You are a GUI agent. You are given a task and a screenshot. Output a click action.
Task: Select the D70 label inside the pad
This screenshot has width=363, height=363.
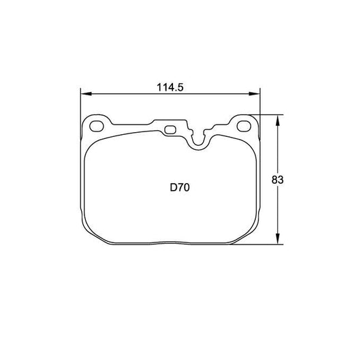180,187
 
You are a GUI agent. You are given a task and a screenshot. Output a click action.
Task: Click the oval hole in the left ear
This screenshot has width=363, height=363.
97,125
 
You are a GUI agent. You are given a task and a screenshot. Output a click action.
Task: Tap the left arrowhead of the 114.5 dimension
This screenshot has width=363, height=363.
84,95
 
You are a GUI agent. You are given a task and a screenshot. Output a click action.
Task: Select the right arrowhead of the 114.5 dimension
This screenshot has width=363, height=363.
257,95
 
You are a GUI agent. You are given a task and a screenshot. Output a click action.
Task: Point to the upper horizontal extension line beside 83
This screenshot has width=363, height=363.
269,114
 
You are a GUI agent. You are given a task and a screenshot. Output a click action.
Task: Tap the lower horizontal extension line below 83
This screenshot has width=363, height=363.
259,244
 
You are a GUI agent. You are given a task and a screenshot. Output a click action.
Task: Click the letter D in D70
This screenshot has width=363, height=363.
173,187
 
